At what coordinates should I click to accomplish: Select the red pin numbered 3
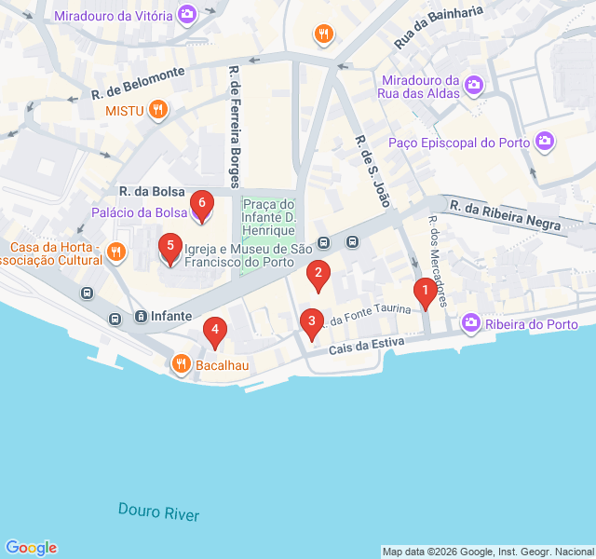pyautogui.click(x=311, y=322)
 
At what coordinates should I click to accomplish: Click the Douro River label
pyautogui.click(x=158, y=511)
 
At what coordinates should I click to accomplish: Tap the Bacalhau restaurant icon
pyautogui.click(x=181, y=364)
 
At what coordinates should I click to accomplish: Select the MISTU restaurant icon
pyautogui.click(x=159, y=110)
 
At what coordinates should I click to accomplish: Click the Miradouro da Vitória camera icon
pyautogui.click(x=187, y=14)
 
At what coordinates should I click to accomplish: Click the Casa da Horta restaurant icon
pyautogui.click(x=116, y=251)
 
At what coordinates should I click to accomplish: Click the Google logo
pyautogui.click(x=31, y=548)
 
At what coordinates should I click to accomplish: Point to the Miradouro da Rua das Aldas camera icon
pyautogui.click(x=475, y=85)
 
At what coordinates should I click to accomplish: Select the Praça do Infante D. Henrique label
pyautogui.click(x=269, y=217)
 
